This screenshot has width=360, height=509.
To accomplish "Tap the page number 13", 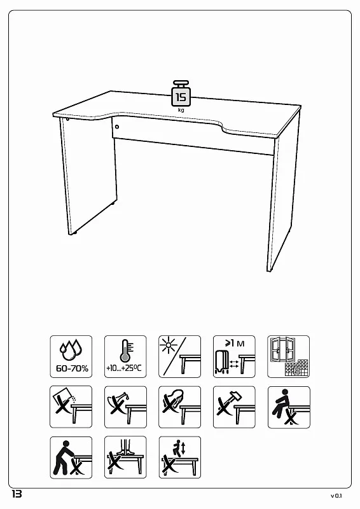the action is [x=17, y=494].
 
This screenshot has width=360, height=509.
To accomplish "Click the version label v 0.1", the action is [x=336, y=496].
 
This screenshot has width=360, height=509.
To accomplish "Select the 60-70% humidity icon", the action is [x=71, y=356].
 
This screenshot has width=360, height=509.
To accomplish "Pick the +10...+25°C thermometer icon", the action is [x=125, y=356].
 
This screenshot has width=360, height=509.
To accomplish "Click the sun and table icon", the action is [x=179, y=356].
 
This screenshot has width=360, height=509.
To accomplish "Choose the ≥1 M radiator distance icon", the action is [x=234, y=356].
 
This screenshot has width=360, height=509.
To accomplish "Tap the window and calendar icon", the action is [x=288, y=356].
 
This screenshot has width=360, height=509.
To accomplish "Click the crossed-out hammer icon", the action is [x=234, y=407].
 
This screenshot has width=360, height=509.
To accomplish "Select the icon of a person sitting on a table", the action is [x=289, y=407].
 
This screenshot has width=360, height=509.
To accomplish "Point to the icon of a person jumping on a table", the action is [x=180, y=457].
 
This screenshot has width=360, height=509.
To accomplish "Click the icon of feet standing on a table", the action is [x=125, y=457].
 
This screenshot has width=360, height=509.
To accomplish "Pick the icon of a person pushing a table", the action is [x=71, y=457].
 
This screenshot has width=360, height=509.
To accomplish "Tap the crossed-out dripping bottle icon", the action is [x=125, y=407].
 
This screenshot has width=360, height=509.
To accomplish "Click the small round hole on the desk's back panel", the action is [x=117, y=127].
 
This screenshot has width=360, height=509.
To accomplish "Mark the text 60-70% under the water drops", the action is [x=72, y=368].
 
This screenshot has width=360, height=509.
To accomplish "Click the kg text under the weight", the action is [x=181, y=110].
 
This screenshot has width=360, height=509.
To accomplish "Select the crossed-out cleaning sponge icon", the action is [x=179, y=407].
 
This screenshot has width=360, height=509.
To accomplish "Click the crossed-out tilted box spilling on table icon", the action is [x=71, y=407].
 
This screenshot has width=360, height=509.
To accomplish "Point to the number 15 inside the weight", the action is [x=181, y=97].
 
